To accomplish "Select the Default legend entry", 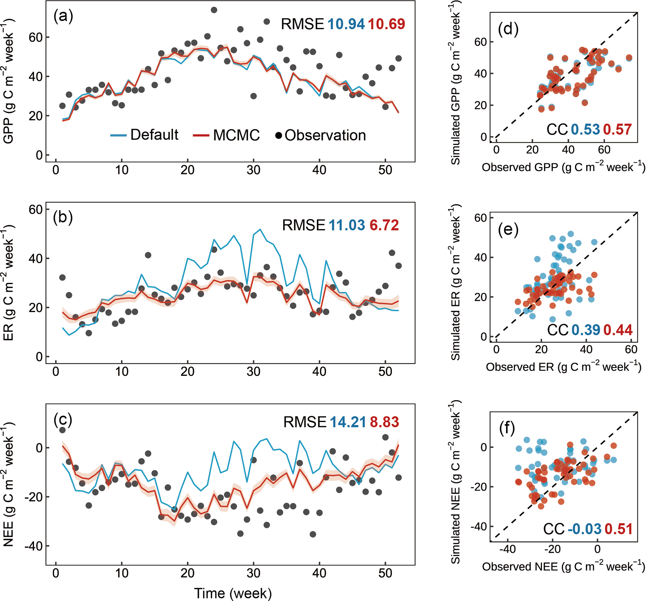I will pyautogui.click(x=145, y=135).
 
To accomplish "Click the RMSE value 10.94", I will pyautogui.click(x=346, y=24).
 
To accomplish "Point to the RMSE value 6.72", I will pyautogui.click(x=384, y=225).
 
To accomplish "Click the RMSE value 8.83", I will pyautogui.click(x=384, y=422).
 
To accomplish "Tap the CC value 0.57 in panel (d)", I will pyautogui.click(x=618, y=130).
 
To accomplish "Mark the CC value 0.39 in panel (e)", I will pyautogui.click(x=586, y=330).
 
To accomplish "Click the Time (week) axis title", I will pyautogui.click(x=233, y=593).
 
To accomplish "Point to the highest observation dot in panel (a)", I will pyautogui.click(x=214, y=10).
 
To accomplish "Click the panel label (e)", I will pyautogui.click(x=508, y=230).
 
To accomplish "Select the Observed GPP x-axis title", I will pyautogui.click(x=563, y=167).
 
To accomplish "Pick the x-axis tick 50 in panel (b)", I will pyautogui.click(x=385, y=371).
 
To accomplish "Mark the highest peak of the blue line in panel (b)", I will pyautogui.click(x=260, y=229).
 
